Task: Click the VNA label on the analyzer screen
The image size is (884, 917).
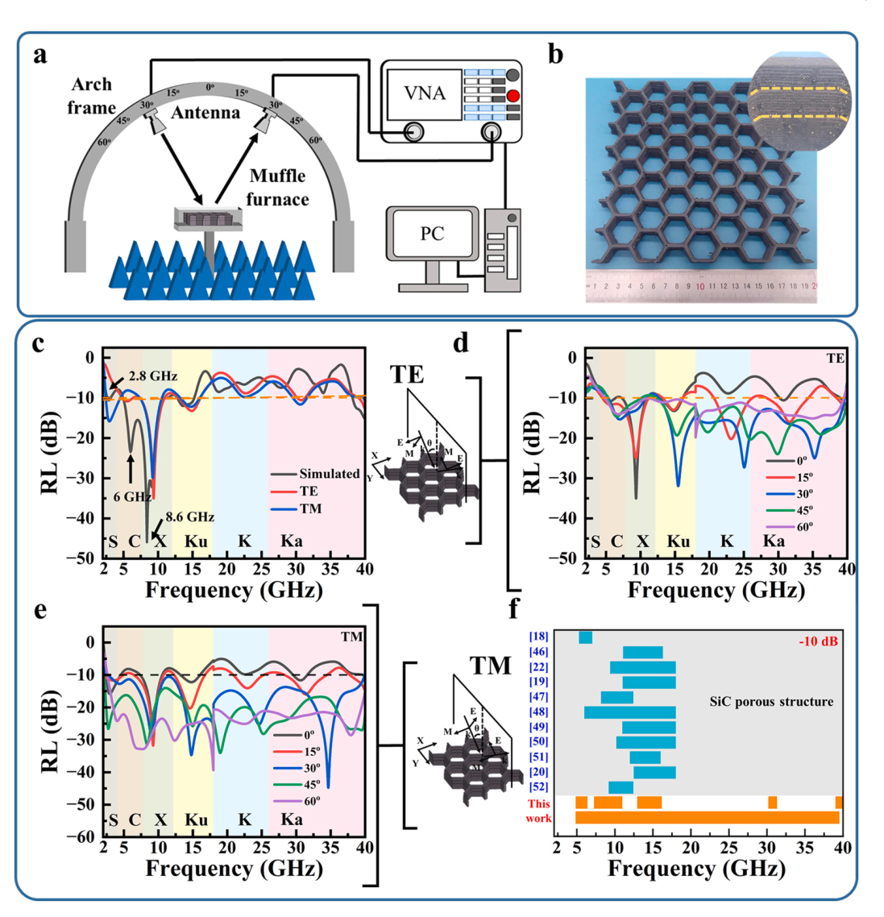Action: (425, 93)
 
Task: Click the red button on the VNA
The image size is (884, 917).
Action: (513, 97)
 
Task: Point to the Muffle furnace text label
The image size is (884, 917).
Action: (277, 187)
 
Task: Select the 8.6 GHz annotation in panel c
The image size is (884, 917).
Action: (190, 517)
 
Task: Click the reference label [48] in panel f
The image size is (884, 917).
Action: (537, 712)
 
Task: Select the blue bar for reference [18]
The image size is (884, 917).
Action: (585, 637)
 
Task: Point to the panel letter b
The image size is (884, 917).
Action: (555, 55)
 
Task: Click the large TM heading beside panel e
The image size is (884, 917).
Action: (491, 666)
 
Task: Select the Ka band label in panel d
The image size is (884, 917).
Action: (774, 541)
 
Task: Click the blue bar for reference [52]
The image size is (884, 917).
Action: (620, 787)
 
